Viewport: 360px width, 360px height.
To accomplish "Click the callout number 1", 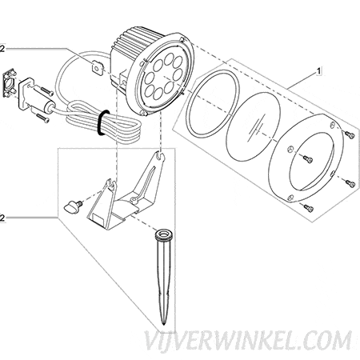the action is [318, 71].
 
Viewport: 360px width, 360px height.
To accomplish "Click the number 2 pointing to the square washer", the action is [2, 49].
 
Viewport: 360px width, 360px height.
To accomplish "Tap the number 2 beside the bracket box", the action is [2, 218].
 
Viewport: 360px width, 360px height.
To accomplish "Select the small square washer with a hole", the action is [98, 68].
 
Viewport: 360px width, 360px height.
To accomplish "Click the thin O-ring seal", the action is [213, 103].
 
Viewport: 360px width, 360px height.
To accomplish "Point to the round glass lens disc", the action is [254, 126].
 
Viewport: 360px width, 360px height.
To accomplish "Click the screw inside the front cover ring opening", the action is [308, 159].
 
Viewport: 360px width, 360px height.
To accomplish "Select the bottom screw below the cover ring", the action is [309, 208].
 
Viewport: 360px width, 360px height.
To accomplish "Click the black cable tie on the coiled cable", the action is [103, 122].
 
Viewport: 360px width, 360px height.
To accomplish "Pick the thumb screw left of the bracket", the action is [72, 206].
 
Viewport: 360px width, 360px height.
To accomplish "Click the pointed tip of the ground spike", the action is [163, 324].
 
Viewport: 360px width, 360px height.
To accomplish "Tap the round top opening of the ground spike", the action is [164, 234].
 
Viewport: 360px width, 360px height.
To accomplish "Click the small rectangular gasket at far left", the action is [10, 83].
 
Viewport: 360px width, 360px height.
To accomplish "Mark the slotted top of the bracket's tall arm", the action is [159, 156].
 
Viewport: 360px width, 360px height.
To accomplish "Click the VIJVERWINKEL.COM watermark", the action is [248, 341].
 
